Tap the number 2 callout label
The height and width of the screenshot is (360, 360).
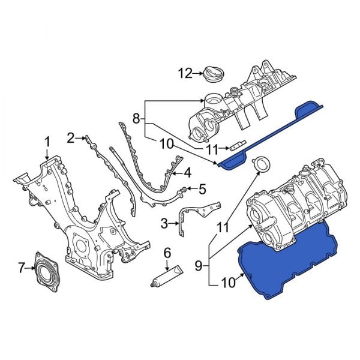click(70, 138)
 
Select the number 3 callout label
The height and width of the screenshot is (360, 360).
click(164, 224)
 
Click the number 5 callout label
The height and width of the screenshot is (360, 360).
click(202, 190)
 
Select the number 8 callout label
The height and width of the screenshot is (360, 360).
click(136, 119)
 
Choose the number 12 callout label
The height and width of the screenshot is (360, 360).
click(184, 74)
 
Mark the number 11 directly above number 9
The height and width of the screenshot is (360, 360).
click(223, 227)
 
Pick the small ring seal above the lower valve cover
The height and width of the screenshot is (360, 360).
click(262, 164)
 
